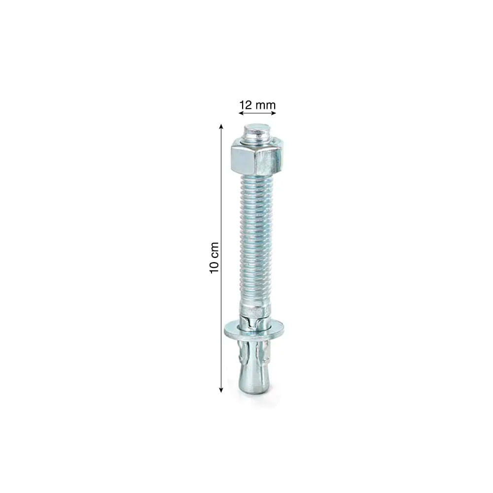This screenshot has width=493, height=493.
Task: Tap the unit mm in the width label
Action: point(265,105)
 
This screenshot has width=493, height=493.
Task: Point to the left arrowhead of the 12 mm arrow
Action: point(241,113)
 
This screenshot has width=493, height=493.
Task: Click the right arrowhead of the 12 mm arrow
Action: point(274,113)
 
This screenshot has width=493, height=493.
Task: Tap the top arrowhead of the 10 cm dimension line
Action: point(221,127)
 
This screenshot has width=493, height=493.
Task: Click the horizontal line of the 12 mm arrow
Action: point(257,113)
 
